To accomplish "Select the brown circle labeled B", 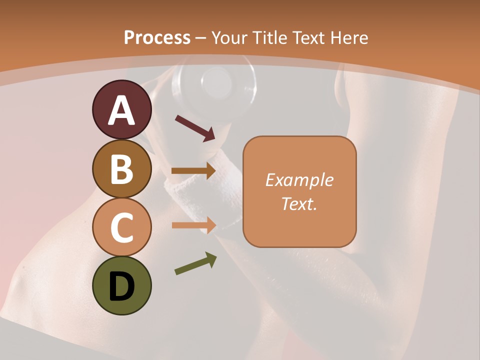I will [122, 169].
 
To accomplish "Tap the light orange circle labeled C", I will [122, 227].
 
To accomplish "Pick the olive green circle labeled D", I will [122, 285].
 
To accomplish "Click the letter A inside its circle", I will [122, 110].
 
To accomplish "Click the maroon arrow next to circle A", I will [195, 127].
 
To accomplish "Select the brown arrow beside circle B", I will [193, 171].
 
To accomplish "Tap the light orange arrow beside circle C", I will [194, 225].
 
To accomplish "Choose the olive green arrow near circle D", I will [195, 263].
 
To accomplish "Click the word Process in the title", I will [157, 37].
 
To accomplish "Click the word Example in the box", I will [299, 180].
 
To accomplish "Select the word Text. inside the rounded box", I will [299, 203].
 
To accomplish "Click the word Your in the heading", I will [228, 37].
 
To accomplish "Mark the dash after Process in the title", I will [201, 38].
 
